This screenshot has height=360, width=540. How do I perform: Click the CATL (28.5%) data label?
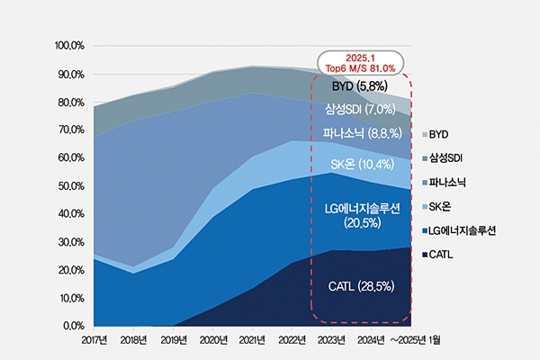(360, 287)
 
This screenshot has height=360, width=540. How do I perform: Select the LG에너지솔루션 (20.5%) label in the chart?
(360, 215)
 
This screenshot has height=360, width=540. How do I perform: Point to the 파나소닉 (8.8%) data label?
(360, 134)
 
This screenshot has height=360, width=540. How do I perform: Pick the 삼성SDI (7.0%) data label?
(360, 109)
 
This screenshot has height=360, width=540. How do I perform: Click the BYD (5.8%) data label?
(359, 86)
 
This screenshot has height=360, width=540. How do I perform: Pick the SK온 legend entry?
(446, 206)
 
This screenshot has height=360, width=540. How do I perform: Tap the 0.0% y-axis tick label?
(72, 325)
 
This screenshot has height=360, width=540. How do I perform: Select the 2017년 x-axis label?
(93, 341)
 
